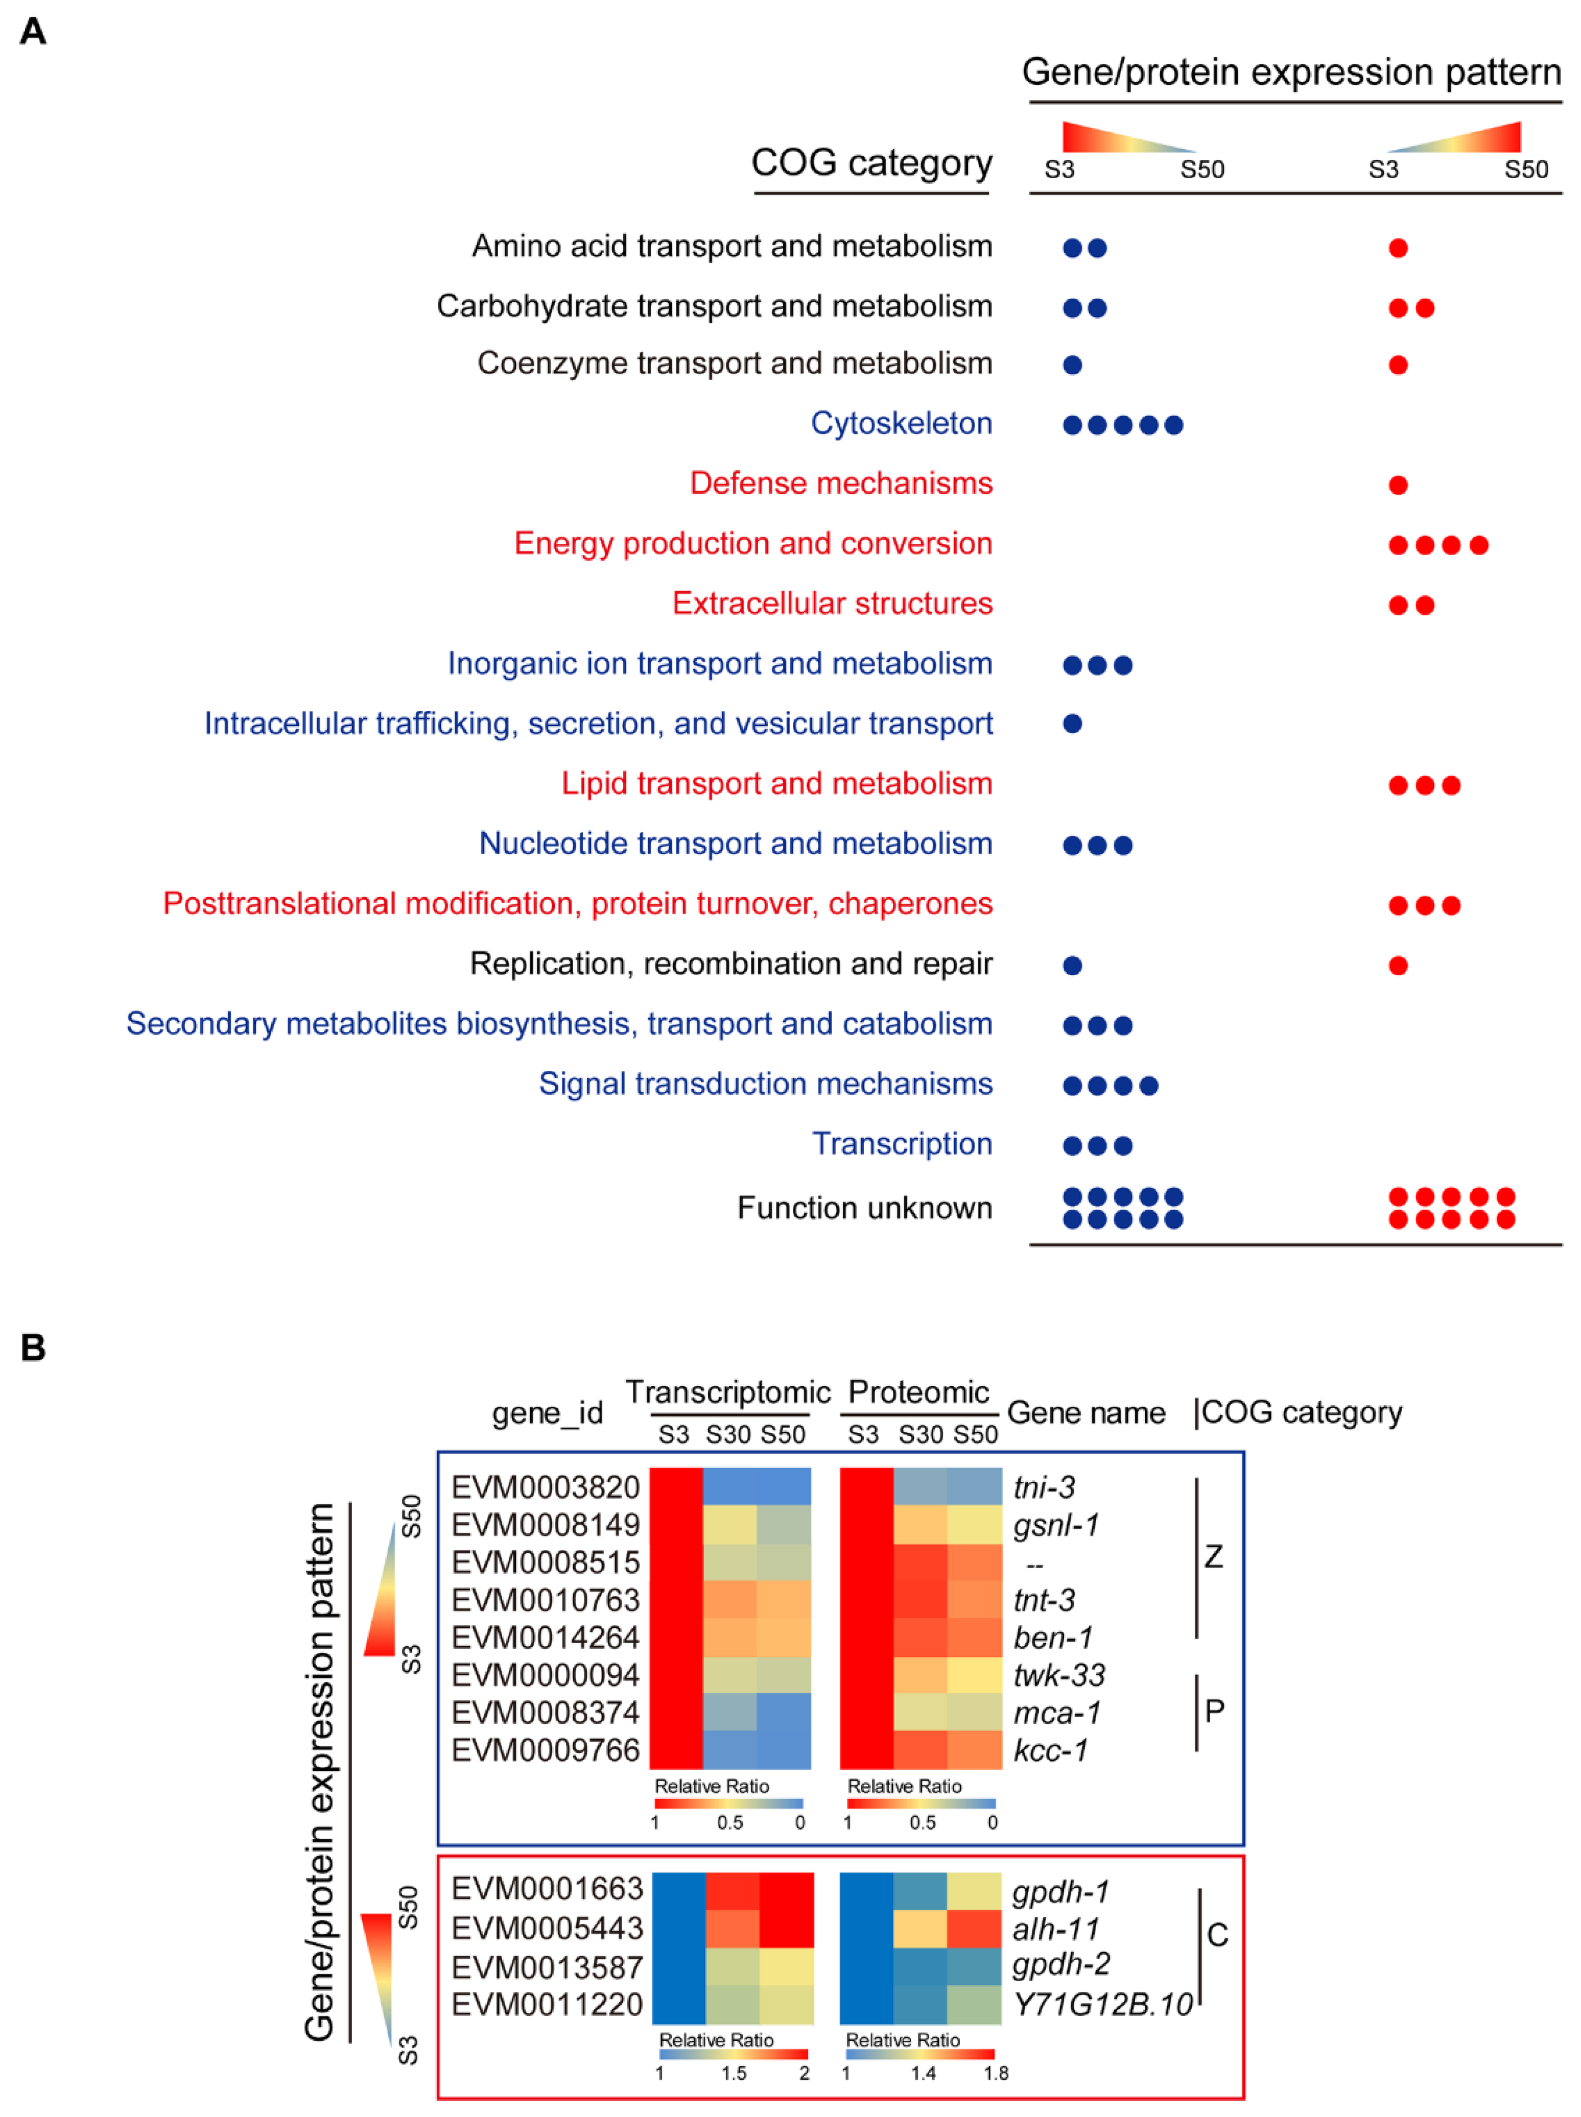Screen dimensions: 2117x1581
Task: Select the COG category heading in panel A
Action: tap(871, 162)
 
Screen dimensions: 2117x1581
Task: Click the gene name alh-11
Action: tap(1055, 1929)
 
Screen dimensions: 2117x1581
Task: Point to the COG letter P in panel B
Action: tap(1214, 1711)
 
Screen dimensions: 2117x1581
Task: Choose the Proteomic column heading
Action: tap(918, 1392)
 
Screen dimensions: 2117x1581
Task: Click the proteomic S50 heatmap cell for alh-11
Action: tap(974, 1929)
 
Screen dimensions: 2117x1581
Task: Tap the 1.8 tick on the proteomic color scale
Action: tap(995, 2073)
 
